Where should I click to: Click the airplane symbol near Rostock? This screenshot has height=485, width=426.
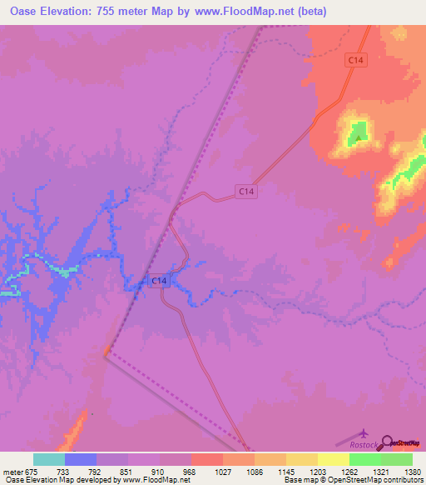tap(365, 432)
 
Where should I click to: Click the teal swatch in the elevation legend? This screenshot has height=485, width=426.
tap(49, 459)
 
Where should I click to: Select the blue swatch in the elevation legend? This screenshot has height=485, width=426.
tap(81, 459)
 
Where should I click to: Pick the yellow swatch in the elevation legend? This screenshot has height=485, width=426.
tap(333, 459)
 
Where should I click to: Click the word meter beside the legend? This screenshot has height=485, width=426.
tap(12, 472)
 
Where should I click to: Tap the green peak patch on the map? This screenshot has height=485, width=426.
tap(359, 130)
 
